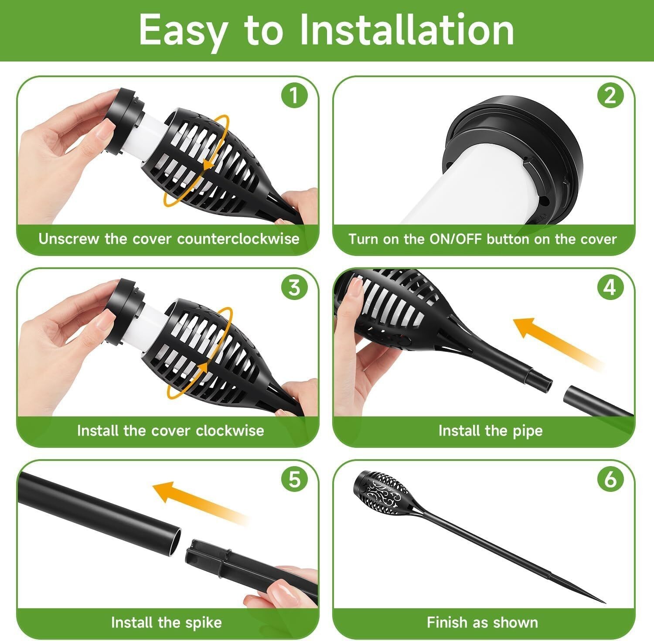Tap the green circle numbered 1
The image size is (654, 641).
click(295, 96)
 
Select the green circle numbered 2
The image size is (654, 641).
click(610, 96)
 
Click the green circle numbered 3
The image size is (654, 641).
click(295, 288)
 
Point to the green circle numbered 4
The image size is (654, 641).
click(610, 288)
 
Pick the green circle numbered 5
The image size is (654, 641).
click(295, 480)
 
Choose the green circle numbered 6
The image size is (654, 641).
click(610, 480)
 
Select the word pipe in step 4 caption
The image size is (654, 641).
click(527, 431)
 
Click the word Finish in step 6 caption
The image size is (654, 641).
click(446, 622)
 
